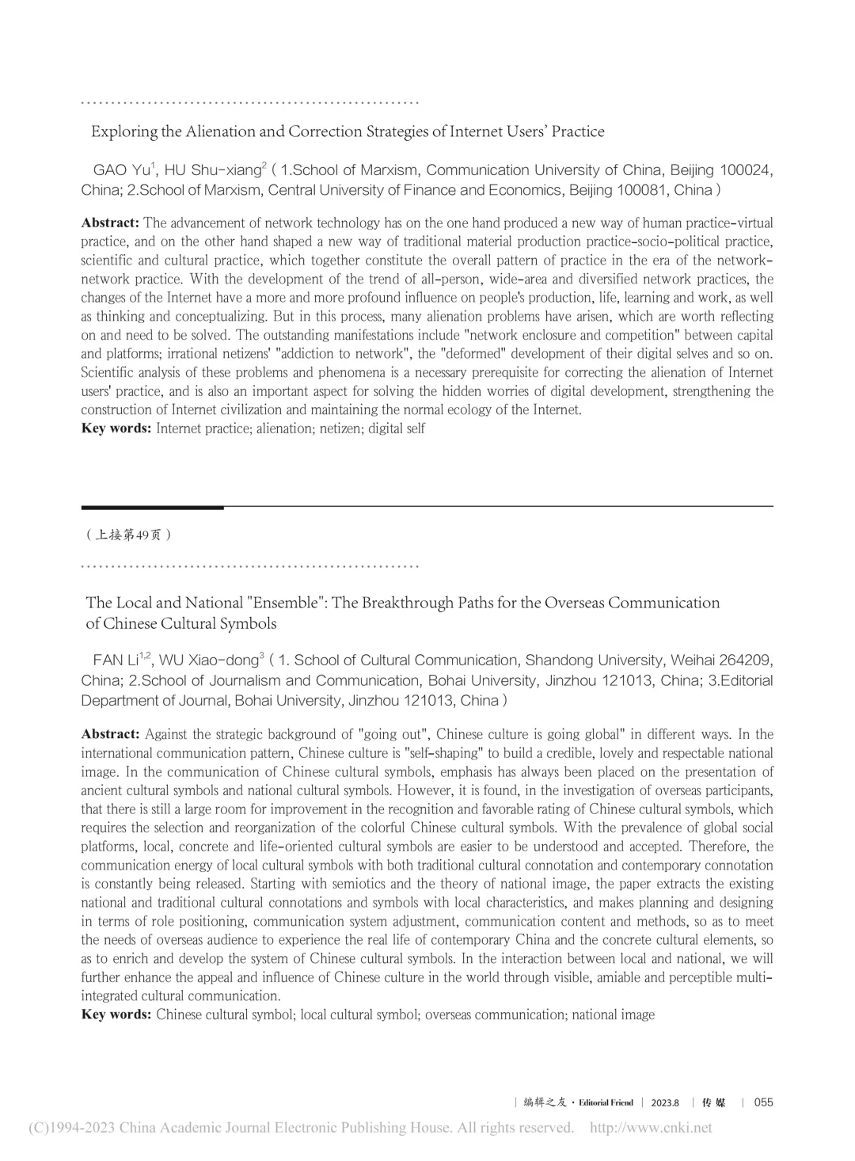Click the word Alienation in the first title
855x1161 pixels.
click(x=223, y=131)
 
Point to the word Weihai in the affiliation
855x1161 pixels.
click(x=693, y=660)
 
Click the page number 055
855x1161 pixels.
click(x=763, y=1102)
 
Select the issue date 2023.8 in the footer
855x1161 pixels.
click(x=665, y=1102)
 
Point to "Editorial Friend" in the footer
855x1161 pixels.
click(x=606, y=1102)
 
